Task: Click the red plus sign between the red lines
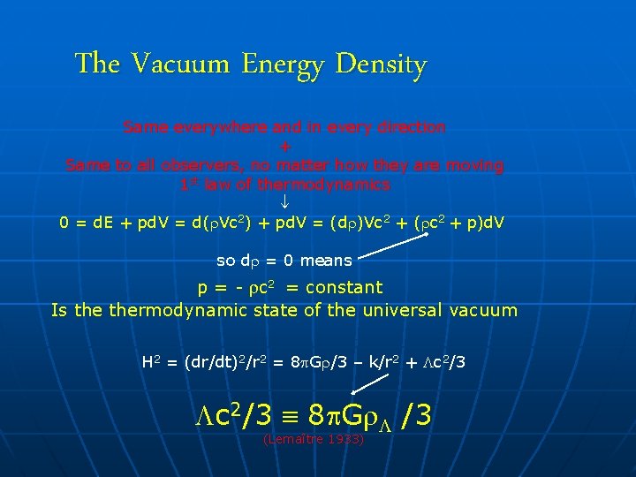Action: coord(284,147)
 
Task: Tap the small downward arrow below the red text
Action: coord(284,204)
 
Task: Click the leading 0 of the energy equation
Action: coord(64,223)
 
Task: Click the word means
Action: coord(326,261)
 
